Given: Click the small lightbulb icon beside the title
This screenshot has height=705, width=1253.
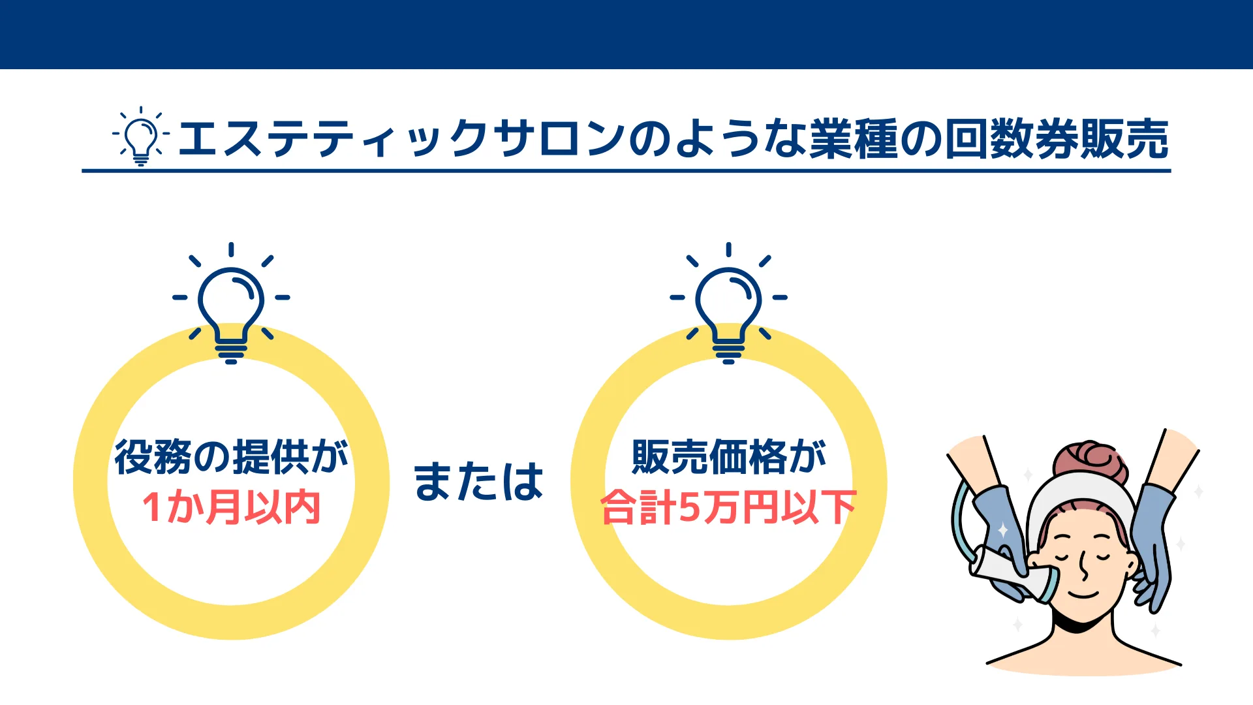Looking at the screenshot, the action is [x=141, y=135].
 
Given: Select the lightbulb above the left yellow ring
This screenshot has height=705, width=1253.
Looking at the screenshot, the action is [x=231, y=303].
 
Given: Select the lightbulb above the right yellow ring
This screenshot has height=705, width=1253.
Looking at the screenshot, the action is [x=728, y=303].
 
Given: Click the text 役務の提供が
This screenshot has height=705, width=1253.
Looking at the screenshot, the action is [x=231, y=456].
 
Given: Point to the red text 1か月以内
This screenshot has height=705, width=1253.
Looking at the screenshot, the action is [x=231, y=507].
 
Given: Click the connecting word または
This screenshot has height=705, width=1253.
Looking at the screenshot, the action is [x=478, y=482].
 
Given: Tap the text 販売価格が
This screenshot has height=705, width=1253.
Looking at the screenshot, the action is [x=729, y=456].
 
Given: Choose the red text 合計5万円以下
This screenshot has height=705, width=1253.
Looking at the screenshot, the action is [x=728, y=507].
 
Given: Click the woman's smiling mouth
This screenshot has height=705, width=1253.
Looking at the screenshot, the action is [x=1083, y=593].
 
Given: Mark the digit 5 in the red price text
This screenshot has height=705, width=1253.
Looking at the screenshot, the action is [x=689, y=508].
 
